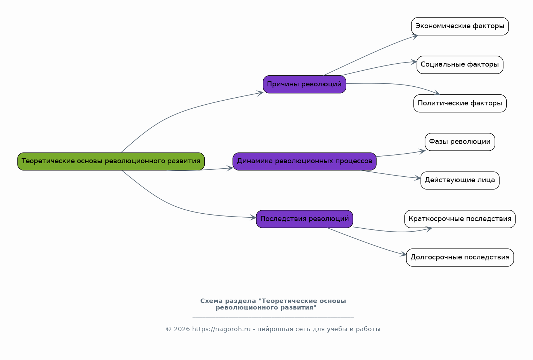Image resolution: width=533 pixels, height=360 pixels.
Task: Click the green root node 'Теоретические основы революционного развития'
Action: [x=111, y=161]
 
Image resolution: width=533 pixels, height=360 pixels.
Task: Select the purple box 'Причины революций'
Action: [x=304, y=85]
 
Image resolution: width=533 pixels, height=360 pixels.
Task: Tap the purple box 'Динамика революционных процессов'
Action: [x=304, y=161]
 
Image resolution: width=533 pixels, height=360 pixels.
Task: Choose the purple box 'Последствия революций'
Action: [x=304, y=219]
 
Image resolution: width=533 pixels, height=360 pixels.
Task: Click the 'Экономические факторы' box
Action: [x=460, y=26]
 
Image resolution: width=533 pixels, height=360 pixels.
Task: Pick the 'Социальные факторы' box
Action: [x=460, y=65]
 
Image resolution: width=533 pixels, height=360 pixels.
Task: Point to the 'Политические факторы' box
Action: [x=460, y=104]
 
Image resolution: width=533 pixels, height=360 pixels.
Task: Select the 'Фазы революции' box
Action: [x=460, y=142]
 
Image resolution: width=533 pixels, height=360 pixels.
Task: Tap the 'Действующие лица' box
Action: [x=460, y=180]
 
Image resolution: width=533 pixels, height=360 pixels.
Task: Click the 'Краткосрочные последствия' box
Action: [x=460, y=219]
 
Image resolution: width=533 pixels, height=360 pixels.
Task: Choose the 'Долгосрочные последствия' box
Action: [x=460, y=258]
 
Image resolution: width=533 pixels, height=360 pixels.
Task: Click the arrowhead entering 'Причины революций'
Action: [x=260, y=93]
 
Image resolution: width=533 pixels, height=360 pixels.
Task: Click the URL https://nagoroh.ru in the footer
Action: [x=221, y=329]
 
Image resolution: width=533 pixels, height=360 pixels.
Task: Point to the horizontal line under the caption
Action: [x=273, y=318]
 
